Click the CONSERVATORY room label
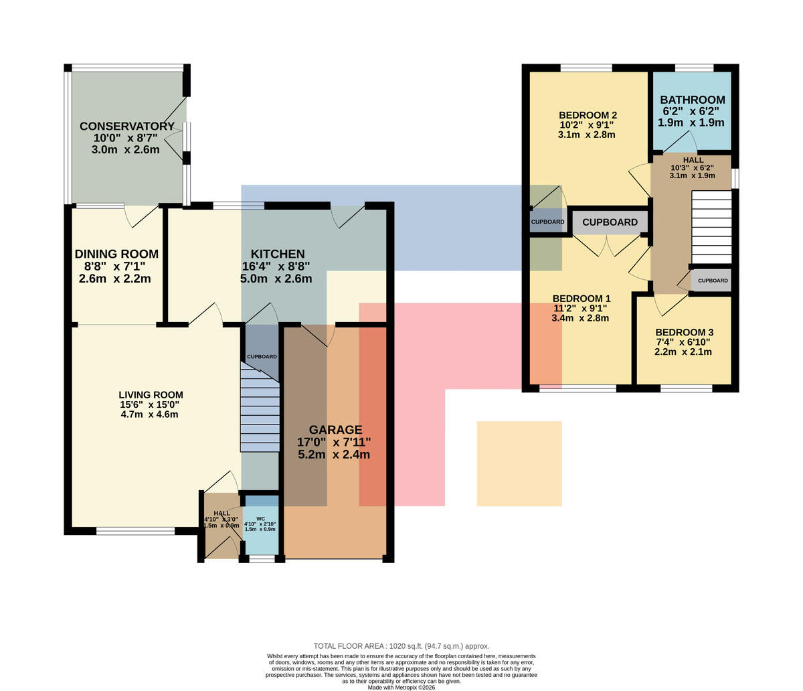pyautogui.click(x=127, y=127)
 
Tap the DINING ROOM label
pyautogui.click(x=116, y=254)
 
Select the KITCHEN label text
pyautogui.click(x=278, y=254)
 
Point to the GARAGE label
pyautogui.click(x=335, y=429)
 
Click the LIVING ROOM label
pyautogui.click(x=151, y=395)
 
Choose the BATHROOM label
pyautogui.click(x=693, y=100)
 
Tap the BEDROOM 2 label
pyautogui.click(x=588, y=115)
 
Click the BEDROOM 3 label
pyautogui.click(x=684, y=332)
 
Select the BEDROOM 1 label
pyautogui.click(x=582, y=299)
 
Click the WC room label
pyautogui.click(x=261, y=518)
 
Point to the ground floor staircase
pyautogui.click(x=260, y=407)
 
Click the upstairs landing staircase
pyautogui.click(x=712, y=228)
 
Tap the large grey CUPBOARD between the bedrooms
pyautogui.click(x=610, y=222)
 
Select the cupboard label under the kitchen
pyautogui.click(x=262, y=356)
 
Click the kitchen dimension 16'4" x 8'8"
pyautogui.click(x=276, y=266)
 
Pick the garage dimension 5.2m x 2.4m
pyautogui.click(x=334, y=455)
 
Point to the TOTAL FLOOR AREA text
pyautogui.click(x=401, y=646)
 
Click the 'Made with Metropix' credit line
pyautogui.click(x=401, y=688)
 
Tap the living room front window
pyautogui.click(x=136, y=530)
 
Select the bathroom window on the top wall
pyautogui.click(x=694, y=68)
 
